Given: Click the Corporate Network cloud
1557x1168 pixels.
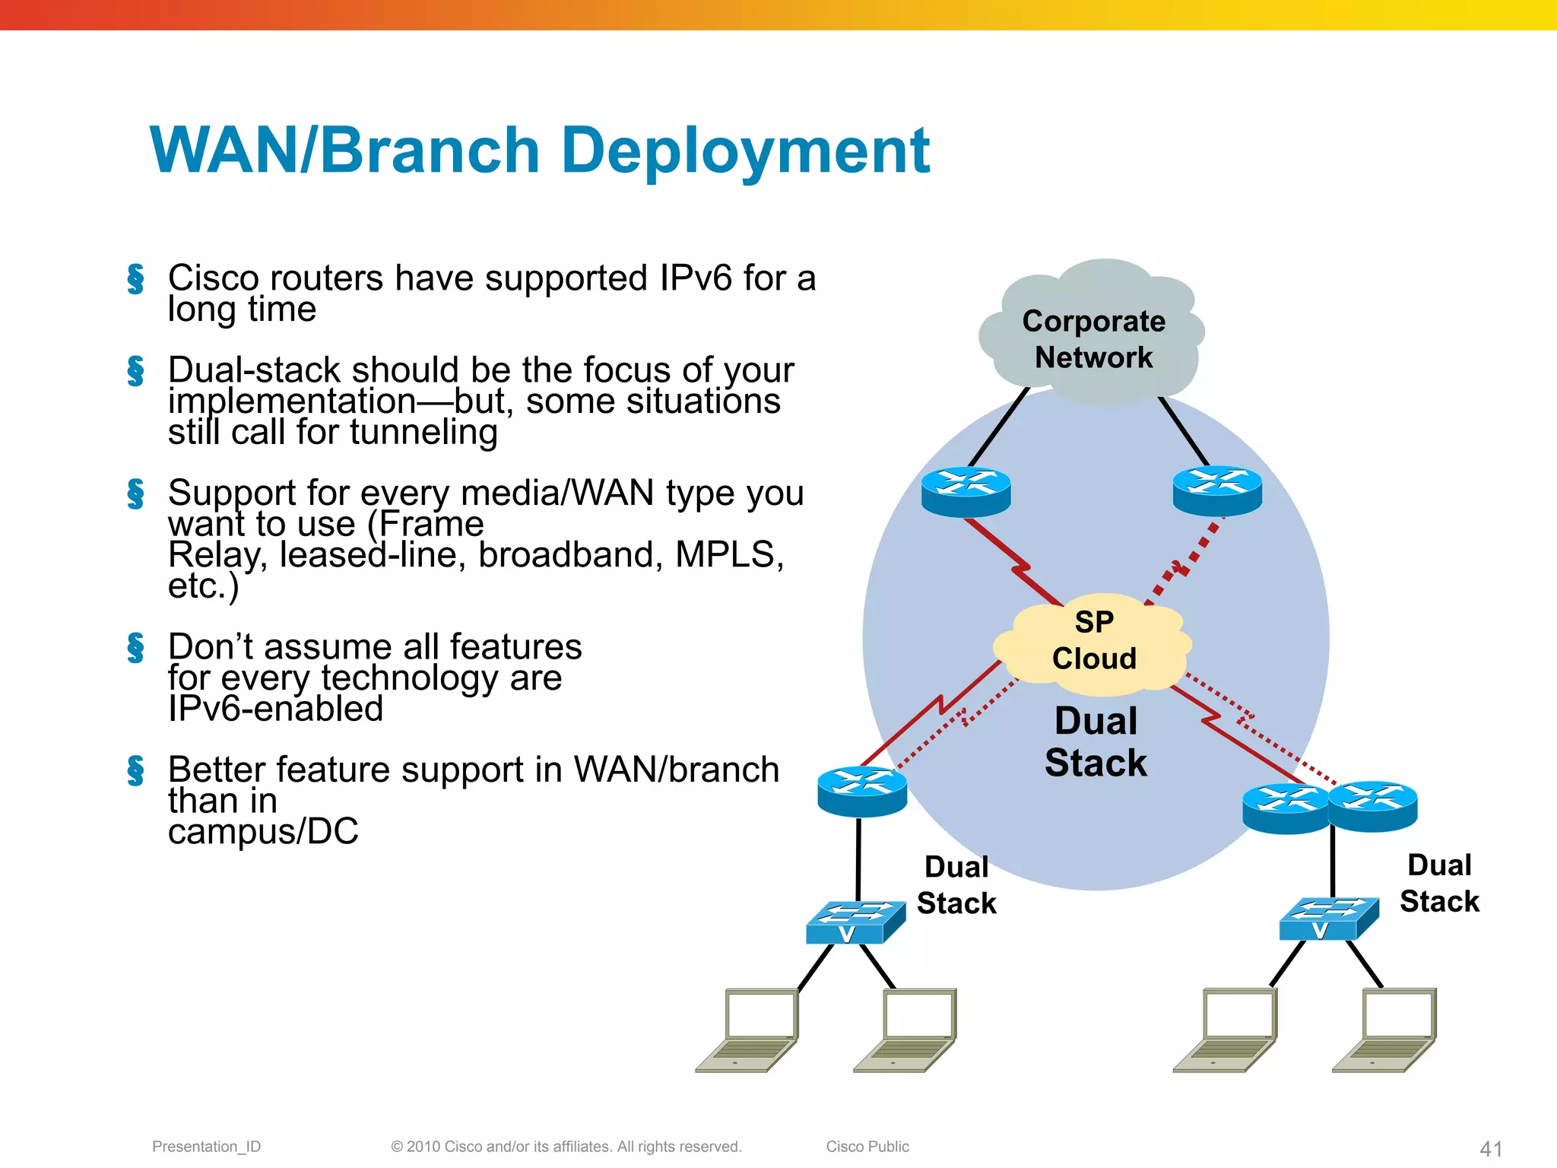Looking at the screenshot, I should pos(1092,335).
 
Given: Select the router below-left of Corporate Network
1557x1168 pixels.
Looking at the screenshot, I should pos(966,491).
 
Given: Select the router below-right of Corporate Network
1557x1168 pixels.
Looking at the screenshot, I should pos(1217,490).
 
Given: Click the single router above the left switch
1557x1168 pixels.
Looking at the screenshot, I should pos(862,792).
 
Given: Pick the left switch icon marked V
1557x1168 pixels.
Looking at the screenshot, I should pos(855,922).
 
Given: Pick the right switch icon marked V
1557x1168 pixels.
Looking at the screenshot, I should pos(1328,919).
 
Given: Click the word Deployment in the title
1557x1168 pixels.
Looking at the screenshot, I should pos(745,151).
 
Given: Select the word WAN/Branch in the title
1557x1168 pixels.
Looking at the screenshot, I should pos(344,151).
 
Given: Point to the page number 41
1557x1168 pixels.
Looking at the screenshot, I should pos(1491,1148).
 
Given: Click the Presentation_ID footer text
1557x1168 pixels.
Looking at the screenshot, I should pos(206,1147).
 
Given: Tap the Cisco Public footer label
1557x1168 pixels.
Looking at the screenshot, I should pos(867,1147).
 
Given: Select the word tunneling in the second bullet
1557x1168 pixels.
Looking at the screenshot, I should pos(423,433).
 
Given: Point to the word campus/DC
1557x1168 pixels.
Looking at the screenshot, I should pos(263,831).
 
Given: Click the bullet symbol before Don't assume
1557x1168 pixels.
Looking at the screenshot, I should pos(136,648).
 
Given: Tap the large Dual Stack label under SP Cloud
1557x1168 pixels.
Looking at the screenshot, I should pos(1096,741).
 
